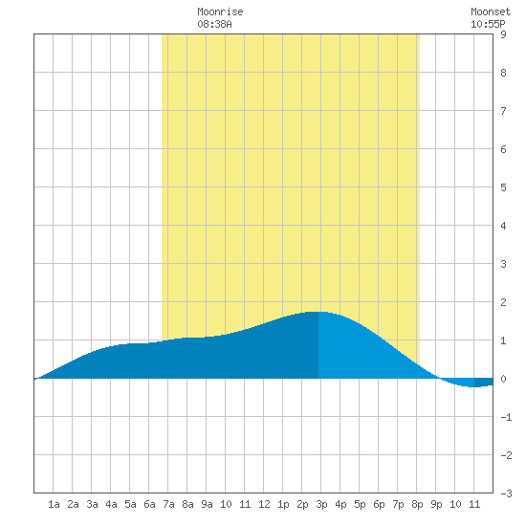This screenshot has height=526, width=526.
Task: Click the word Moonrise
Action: coord(220,11)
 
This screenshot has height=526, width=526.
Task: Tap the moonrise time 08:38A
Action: coord(214,24)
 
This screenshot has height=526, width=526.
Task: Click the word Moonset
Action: coord(491,11)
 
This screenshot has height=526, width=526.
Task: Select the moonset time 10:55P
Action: coord(488,24)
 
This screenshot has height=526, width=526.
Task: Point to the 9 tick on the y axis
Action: coord(503,34)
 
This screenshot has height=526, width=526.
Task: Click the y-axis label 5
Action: coord(503,187)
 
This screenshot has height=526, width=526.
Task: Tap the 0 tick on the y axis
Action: coord(503,379)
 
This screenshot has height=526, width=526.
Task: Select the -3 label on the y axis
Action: coord(506,493)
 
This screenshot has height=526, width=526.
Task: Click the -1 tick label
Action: coord(506,417)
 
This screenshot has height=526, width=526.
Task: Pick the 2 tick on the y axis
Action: coord(503,302)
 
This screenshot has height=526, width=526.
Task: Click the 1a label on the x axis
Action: coord(54,504)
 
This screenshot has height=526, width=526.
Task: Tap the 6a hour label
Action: coord(149,504)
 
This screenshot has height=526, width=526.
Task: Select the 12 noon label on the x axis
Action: coord(264,504)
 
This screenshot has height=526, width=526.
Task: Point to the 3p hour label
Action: coord(321,504)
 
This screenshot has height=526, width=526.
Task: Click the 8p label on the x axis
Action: coord(417,504)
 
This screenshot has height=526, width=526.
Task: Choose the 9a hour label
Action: coord(207,504)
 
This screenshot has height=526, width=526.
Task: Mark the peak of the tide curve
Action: coord(318,312)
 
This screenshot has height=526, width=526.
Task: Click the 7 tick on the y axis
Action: coord(503,111)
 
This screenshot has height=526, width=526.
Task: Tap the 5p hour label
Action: coord(360,504)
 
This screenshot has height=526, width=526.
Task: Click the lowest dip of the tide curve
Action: coord(473,386)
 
